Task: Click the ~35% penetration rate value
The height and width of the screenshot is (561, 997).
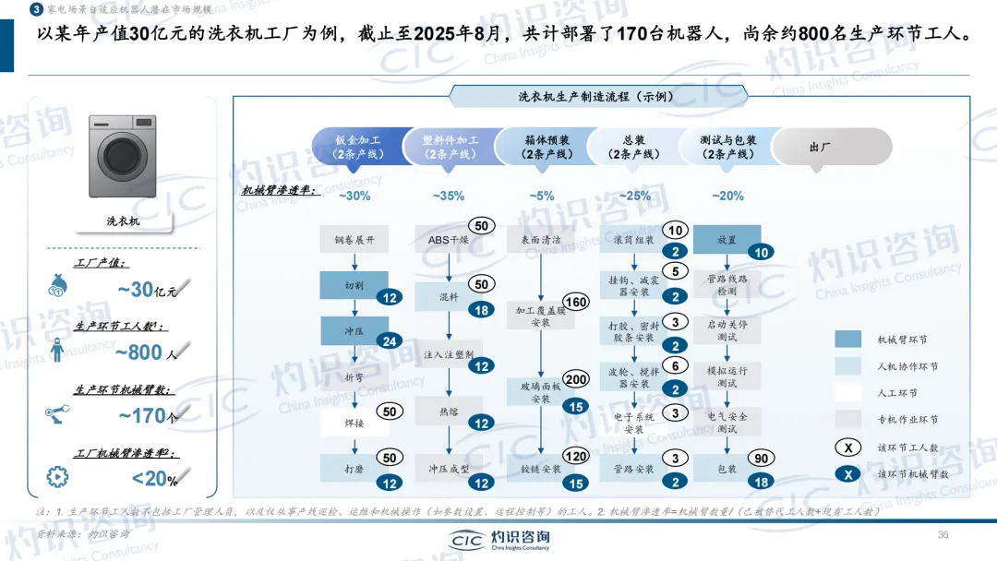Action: (448, 196)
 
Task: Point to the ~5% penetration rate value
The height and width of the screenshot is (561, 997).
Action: (542, 196)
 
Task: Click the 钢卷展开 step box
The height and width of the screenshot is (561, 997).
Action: (355, 240)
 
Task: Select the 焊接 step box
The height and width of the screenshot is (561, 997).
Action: (355, 424)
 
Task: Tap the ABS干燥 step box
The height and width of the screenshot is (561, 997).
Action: (449, 240)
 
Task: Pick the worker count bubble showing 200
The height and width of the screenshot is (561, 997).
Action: (576, 380)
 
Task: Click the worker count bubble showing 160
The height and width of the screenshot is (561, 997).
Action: (576, 303)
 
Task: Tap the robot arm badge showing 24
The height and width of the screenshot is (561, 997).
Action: (390, 341)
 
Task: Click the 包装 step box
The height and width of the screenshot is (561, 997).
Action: (727, 469)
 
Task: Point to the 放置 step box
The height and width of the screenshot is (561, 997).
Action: (727, 240)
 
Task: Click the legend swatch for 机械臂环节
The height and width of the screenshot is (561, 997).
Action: (847, 340)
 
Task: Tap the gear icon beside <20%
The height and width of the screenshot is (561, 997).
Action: (56, 477)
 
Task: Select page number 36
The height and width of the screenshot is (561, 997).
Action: (943, 535)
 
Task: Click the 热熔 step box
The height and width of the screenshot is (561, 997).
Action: (449, 410)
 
